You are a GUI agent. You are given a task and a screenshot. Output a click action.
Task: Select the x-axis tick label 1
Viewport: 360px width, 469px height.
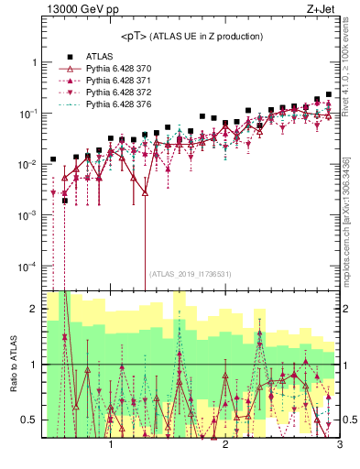click(x=111, y=445)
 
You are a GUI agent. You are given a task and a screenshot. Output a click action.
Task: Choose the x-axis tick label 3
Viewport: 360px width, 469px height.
click(x=339, y=445)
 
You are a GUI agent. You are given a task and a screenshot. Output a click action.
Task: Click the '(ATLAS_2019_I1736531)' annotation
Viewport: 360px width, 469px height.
click(x=191, y=273)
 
